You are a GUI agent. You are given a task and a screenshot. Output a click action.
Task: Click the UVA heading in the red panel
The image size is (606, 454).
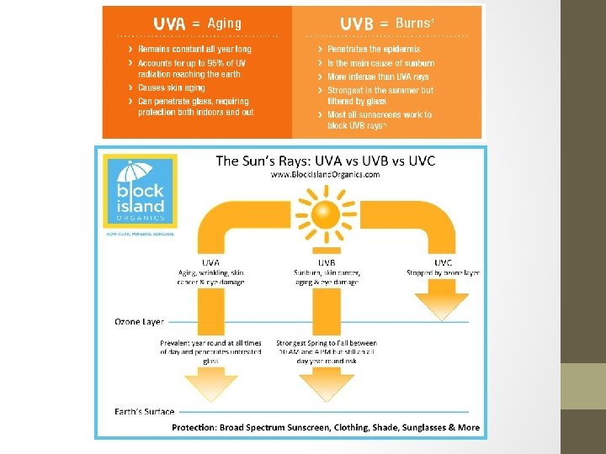169,24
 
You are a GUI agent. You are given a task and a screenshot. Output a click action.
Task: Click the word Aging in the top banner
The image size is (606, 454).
224,24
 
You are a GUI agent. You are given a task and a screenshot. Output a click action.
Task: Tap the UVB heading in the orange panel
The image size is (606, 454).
356,24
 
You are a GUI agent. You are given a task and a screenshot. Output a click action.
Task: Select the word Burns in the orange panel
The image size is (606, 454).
412,24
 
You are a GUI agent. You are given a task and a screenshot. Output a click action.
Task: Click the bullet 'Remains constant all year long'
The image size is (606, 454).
194,50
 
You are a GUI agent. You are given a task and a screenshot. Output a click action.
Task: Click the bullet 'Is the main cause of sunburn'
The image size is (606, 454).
381,63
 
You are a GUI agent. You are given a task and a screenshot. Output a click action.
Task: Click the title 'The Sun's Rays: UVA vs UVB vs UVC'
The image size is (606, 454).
325,161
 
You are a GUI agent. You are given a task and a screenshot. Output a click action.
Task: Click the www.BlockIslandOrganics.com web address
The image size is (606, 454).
324,175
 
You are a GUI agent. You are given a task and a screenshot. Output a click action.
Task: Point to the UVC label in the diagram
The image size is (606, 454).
443,262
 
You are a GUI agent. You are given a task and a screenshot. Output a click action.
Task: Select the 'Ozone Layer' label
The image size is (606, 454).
140,321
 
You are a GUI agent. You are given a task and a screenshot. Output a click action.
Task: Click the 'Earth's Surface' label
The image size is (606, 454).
145,412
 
